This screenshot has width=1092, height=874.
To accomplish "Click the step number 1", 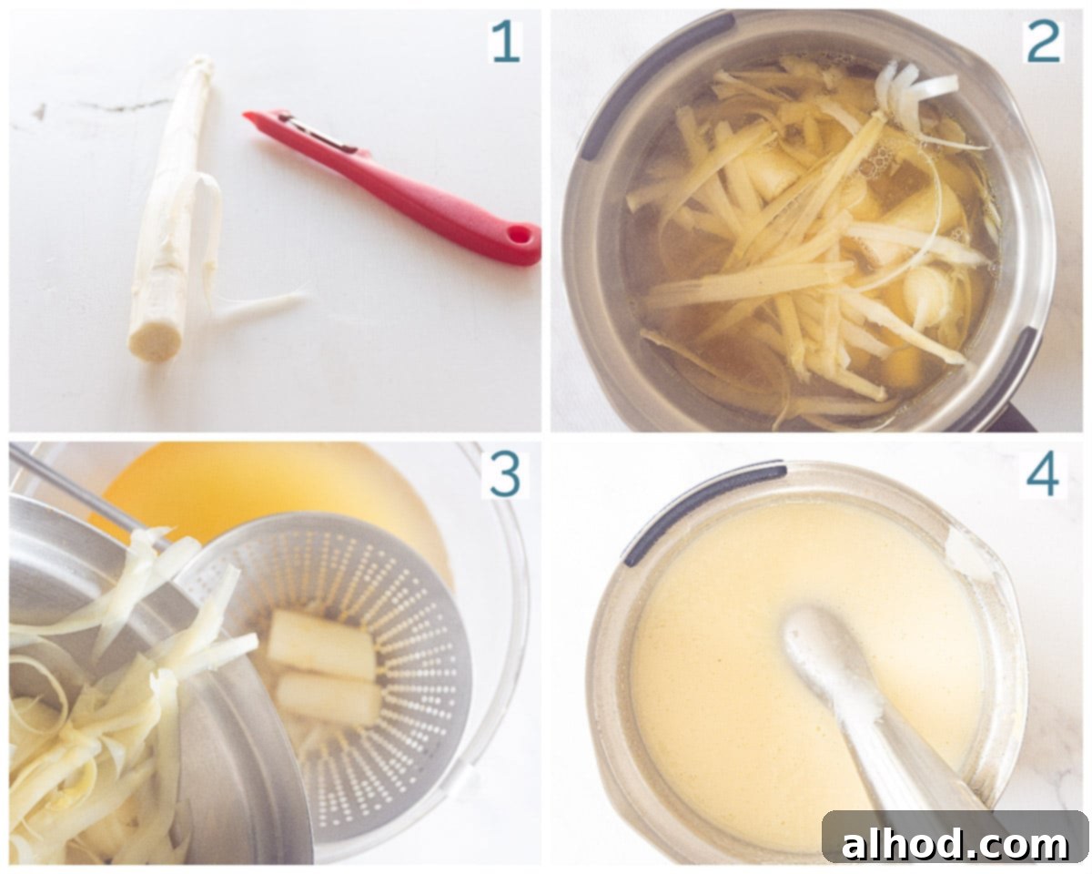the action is click(505, 43).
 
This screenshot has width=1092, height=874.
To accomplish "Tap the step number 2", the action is click(1044, 43).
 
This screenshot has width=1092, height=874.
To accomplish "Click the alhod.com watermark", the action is click(955, 844).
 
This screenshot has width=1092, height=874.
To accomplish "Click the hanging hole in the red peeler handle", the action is click(518, 235).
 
